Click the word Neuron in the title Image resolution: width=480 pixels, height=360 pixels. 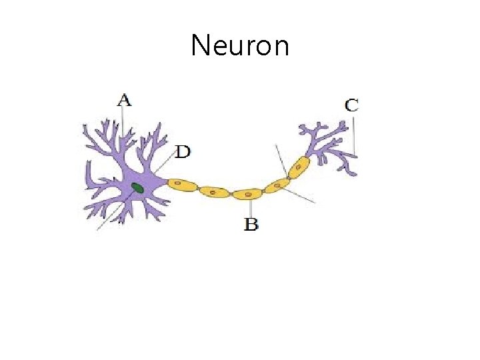[x=240, y=46]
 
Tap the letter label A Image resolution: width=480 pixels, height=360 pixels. [x=124, y=101]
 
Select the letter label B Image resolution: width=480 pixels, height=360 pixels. [x=251, y=224]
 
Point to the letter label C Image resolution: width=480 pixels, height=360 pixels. [x=351, y=105]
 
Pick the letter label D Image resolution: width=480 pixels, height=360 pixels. [x=182, y=152]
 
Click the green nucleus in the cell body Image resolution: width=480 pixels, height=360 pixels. [x=137, y=188]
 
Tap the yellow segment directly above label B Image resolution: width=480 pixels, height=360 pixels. [x=247, y=193]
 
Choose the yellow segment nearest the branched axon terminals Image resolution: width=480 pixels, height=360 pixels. [x=299, y=167]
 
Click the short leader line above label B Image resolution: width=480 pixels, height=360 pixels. [x=249, y=208]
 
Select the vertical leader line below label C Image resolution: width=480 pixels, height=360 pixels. [x=355, y=137]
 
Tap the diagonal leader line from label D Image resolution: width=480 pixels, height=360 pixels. [x=163, y=165]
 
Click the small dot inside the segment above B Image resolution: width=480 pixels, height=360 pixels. [x=248, y=194]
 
